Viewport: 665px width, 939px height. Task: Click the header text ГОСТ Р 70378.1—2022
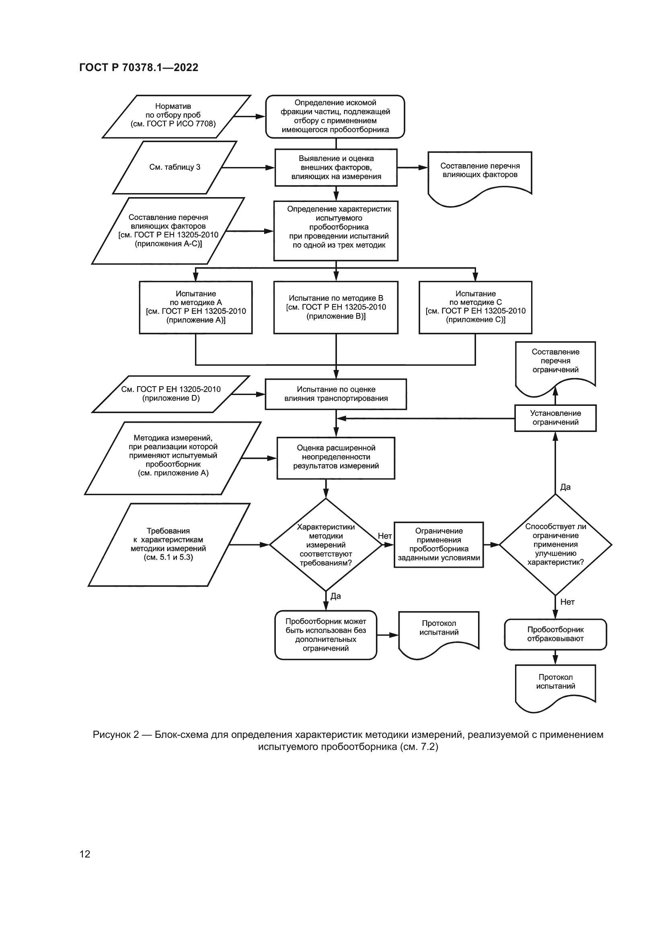[138, 67]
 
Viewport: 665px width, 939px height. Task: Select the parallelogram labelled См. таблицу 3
[175, 167]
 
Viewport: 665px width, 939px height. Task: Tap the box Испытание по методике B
[336, 307]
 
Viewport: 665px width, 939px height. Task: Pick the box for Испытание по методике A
[196, 307]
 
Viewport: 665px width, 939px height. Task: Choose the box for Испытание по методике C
[475, 307]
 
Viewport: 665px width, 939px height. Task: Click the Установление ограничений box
[555, 418]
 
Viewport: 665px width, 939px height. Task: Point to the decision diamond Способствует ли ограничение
[555, 544]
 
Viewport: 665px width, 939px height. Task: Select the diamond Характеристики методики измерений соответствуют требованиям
[326, 545]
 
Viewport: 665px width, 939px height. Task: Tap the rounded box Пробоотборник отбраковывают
[555, 634]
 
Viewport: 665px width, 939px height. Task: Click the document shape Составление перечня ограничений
[555, 362]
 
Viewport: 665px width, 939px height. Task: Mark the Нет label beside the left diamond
[384, 536]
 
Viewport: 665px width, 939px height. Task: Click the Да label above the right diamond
[566, 487]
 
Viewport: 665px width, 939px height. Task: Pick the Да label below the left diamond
[336, 596]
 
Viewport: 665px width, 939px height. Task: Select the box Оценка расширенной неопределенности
[336, 457]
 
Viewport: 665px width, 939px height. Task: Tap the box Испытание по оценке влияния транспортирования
[336, 394]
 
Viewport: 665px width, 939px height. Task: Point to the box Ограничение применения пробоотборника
[439, 544]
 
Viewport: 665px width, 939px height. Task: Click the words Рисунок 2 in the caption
[115, 735]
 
